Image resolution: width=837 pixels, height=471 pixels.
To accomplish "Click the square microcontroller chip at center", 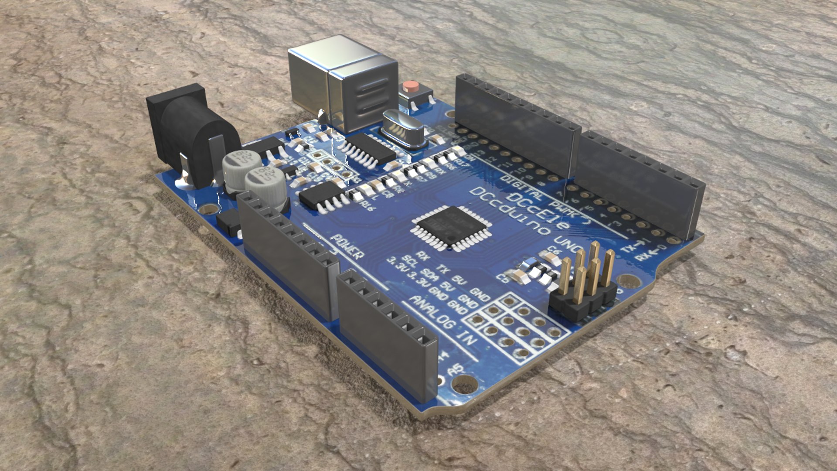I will pyautogui.click(x=451, y=227).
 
